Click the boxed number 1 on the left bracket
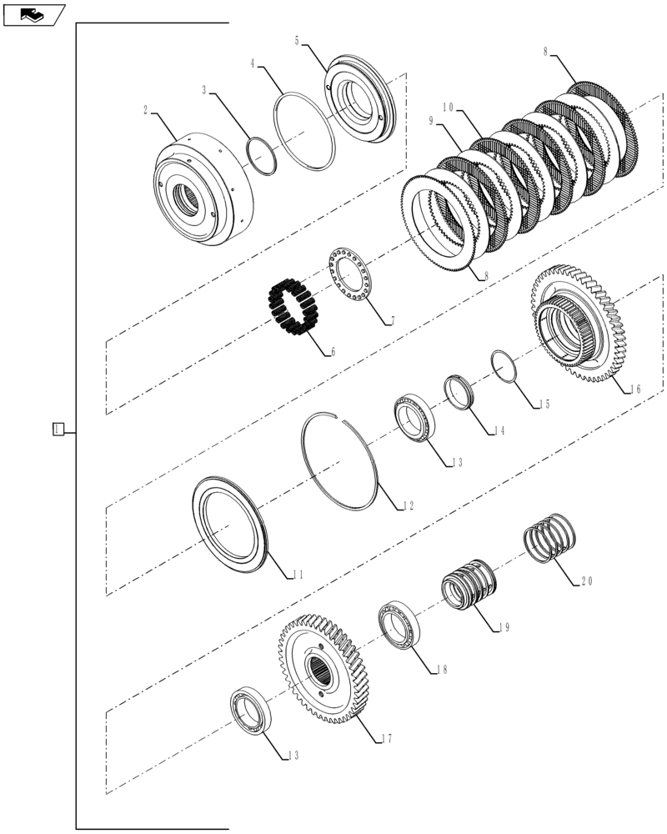(57, 430)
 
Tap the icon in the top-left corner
(33, 14)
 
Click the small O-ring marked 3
(261, 157)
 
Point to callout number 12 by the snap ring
(409, 505)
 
